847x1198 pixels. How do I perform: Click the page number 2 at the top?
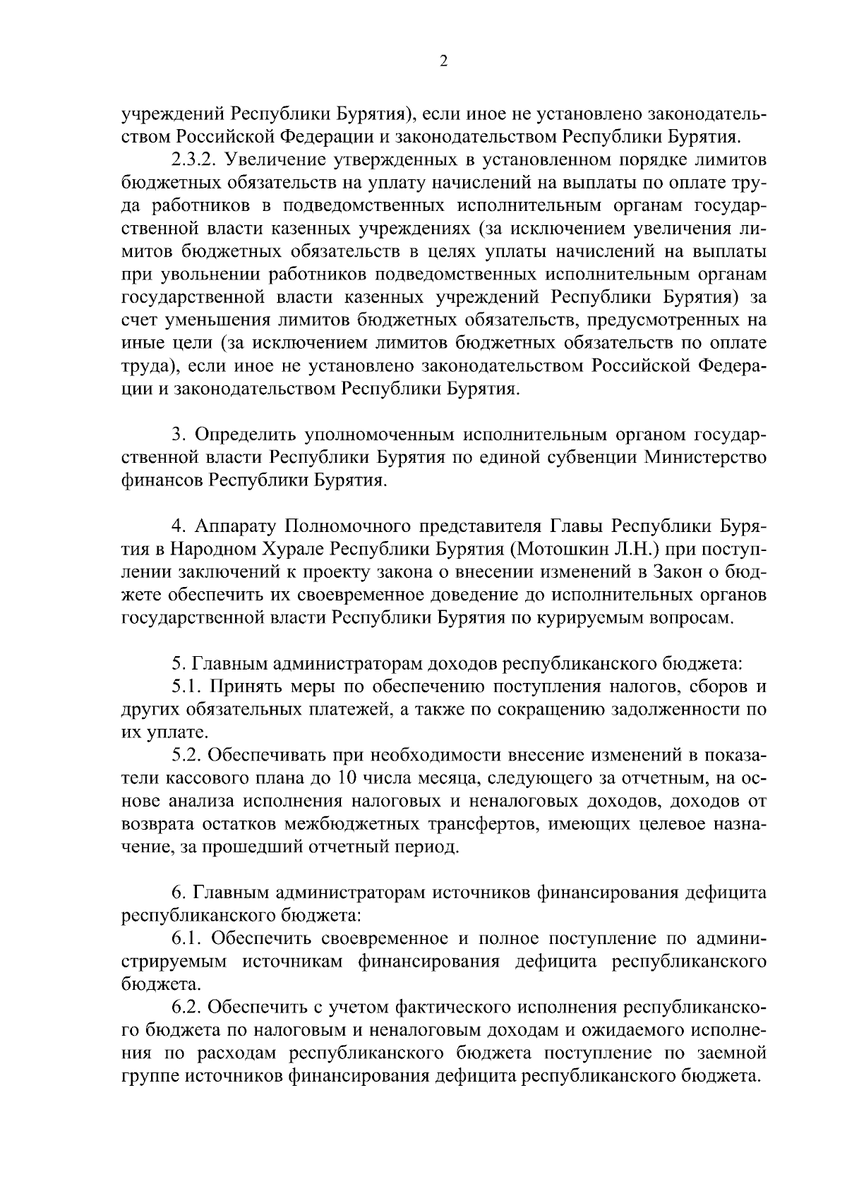(443, 61)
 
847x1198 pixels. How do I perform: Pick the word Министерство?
(706, 458)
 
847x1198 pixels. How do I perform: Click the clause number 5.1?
(187, 686)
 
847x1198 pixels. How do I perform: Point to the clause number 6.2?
(187, 1008)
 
